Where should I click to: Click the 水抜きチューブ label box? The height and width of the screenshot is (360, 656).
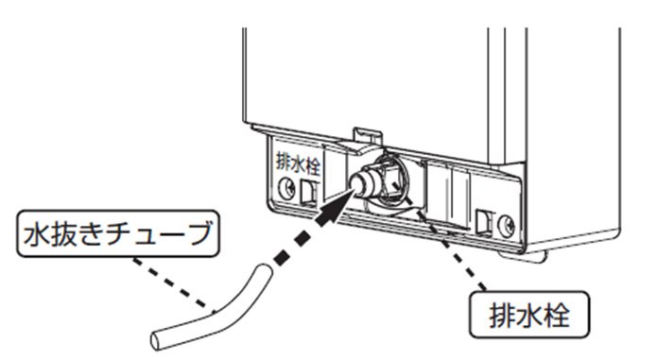point(117,233)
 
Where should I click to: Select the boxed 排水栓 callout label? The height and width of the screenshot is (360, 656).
point(529,315)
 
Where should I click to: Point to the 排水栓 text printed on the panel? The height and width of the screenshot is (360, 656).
point(298,164)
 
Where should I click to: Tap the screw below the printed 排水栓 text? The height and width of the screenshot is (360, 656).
point(286,187)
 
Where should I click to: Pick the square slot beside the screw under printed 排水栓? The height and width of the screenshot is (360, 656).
point(309,193)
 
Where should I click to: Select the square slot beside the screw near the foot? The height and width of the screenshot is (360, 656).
point(485,220)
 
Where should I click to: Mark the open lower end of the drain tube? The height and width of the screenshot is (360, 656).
point(157,340)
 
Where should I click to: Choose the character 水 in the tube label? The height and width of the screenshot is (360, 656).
point(36,233)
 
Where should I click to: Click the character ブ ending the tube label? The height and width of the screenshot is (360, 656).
point(198,232)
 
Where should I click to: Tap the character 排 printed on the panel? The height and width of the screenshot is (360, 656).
point(284,163)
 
